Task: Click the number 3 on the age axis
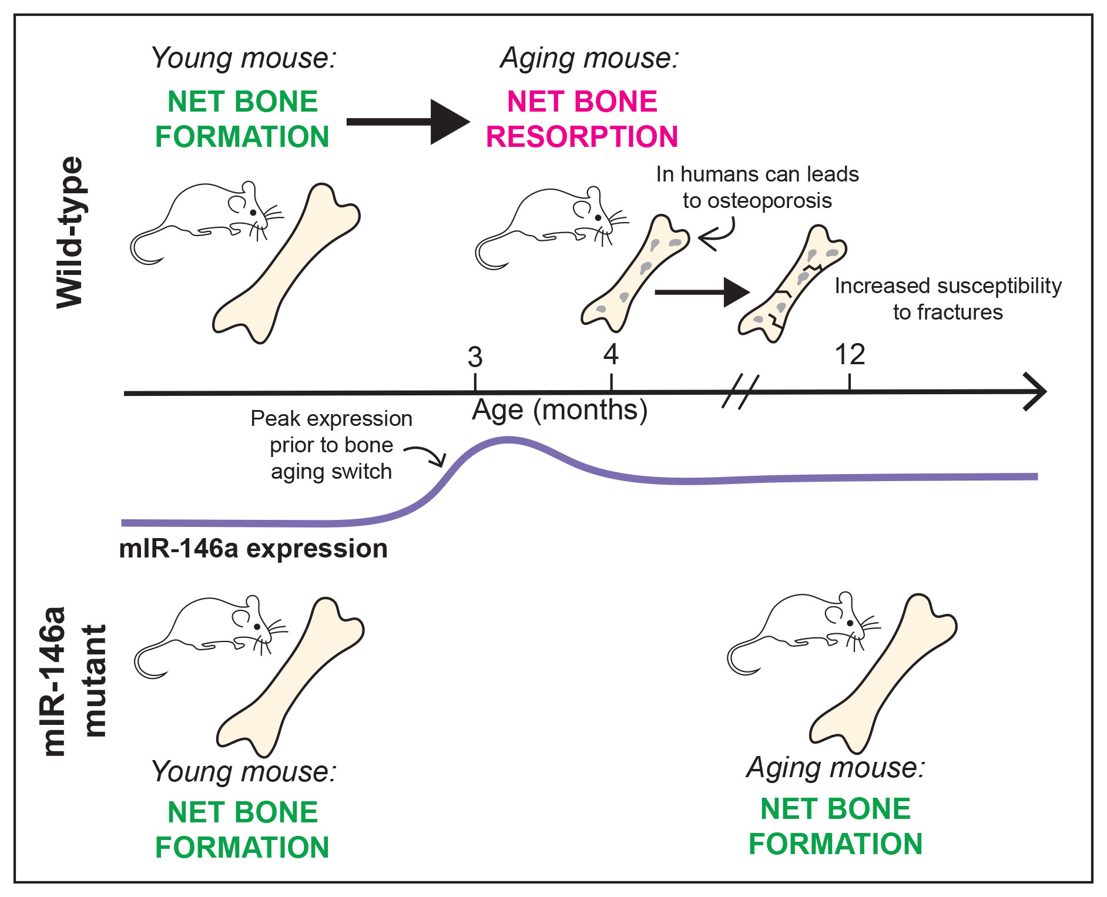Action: [x=475, y=357]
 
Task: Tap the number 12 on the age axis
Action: [x=850, y=355]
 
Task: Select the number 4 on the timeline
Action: [x=611, y=355]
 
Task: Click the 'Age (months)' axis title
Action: [x=559, y=410]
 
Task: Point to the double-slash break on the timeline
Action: [x=740, y=392]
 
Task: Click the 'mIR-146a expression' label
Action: [x=253, y=549]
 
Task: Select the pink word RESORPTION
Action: [x=582, y=137]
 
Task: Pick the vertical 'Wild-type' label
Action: [x=70, y=233]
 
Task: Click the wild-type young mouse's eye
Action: [x=253, y=213]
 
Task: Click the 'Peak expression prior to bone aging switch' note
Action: [x=331, y=445]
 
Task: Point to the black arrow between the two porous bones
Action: [x=702, y=292]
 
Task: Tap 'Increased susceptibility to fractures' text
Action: [x=948, y=299]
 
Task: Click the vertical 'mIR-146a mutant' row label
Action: [x=75, y=681]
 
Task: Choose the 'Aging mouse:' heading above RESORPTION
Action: [x=589, y=58]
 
